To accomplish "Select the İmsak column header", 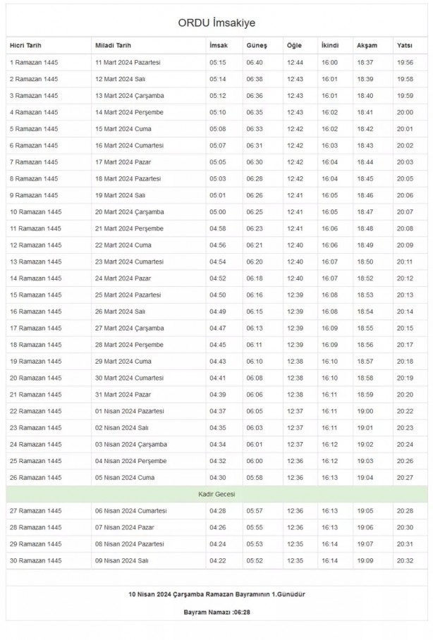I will pyautogui.click(x=218, y=45).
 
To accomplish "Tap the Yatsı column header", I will pyautogui.click(x=405, y=45).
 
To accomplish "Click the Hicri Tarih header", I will pyautogui.click(x=26, y=45).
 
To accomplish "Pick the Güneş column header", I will pyautogui.click(x=257, y=45).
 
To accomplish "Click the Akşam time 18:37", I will pyautogui.click(x=365, y=62).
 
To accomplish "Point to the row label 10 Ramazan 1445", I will pyautogui.click(x=36, y=212).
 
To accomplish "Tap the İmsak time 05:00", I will pyautogui.click(x=217, y=212).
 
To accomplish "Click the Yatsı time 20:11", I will pyautogui.click(x=405, y=261).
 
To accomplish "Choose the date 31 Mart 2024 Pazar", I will pyautogui.click(x=124, y=395).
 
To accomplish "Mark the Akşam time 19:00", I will pyautogui.click(x=365, y=411).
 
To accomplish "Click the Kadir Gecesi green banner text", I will pyautogui.click(x=216, y=494).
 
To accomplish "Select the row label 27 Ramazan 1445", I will pyautogui.click(x=36, y=511).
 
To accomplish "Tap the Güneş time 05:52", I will pyautogui.click(x=255, y=560).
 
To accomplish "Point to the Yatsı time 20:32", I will pyautogui.click(x=405, y=560).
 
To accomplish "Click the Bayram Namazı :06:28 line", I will pyautogui.click(x=216, y=612).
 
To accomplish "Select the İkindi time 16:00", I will pyautogui.click(x=329, y=62).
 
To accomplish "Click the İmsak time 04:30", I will pyautogui.click(x=217, y=478).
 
